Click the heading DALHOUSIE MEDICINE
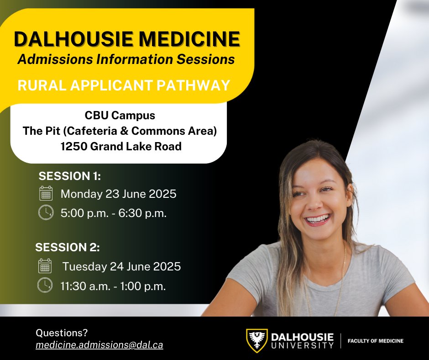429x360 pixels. [127, 39]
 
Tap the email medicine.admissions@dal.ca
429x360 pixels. [99, 345]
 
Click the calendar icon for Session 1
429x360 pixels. [46, 194]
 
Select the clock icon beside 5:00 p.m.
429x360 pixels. [46, 213]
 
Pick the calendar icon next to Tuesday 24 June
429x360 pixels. [45, 266]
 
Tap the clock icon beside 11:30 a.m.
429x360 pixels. [45, 286]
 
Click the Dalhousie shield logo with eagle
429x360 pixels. [257, 340]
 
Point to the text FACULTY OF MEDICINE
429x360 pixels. [376, 341]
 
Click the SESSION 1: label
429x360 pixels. [69, 176]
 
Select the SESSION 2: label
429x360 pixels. [68, 248]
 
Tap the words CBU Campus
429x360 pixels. [120, 116]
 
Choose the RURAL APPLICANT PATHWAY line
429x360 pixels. [124, 85]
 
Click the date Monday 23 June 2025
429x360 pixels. [118, 194]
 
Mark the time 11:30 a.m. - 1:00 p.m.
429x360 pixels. [113, 286]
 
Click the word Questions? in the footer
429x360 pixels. [61, 333]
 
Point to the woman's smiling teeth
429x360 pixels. [318, 219]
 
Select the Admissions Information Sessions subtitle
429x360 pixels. [126, 59]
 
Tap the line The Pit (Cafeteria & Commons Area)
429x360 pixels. [120, 131]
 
